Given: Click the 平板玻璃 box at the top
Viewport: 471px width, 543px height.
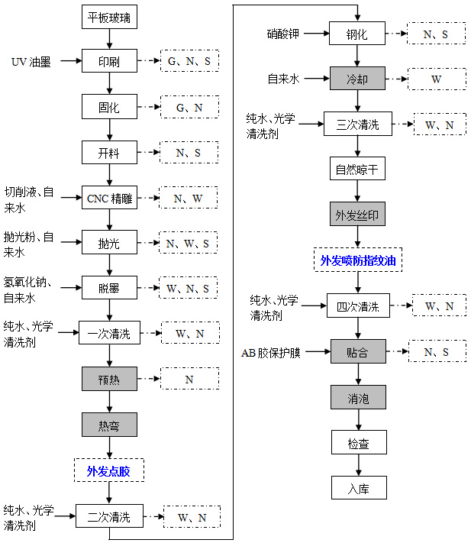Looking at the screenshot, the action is click(109, 17).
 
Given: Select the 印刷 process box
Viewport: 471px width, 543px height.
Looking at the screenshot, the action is click(109, 61).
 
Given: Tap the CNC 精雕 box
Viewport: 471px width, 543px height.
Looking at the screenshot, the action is click(109, 197).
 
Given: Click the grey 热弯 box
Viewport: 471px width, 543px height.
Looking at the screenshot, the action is click(109, 425).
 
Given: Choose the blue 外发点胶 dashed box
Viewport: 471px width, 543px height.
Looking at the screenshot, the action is click(109, 470).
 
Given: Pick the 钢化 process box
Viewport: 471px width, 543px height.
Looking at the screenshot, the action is click(357, 34).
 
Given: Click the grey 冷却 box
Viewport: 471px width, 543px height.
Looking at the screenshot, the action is click(357, 79).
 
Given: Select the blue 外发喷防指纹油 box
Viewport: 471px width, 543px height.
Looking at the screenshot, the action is click(358, 260).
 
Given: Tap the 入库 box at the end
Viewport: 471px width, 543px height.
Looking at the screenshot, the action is click(359, 487).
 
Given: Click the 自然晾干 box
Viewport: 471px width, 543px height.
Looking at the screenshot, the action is click(357, 169).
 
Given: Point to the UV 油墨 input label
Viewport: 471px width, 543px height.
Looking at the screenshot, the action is click(31, 62).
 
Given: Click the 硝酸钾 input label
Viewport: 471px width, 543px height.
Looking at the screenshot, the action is click(283, 34).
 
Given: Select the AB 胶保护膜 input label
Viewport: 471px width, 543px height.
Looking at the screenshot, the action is click(271, 353).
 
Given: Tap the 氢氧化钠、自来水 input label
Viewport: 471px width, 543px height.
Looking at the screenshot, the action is click(27, 290).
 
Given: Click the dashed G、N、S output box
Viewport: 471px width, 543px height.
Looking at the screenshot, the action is click(189, 61).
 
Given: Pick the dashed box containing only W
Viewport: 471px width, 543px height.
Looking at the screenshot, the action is click(437, 79).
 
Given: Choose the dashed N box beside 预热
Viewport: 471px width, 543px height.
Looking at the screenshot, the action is click(189, 379).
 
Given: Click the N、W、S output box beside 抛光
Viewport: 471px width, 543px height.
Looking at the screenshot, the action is click(189, 243).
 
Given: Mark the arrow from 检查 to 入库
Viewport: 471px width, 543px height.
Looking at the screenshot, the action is click(359, 465).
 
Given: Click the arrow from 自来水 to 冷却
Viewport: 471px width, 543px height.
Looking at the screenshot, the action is click(317, 79).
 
